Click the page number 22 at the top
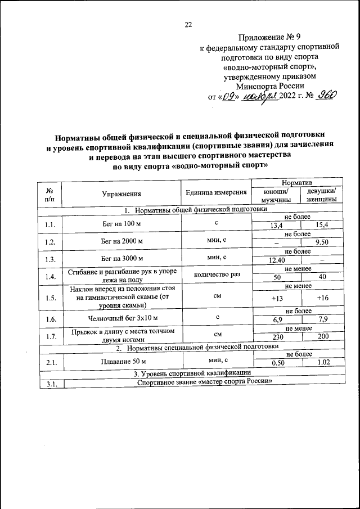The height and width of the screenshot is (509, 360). click(188, 24)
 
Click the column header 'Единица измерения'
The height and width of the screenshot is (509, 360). click(216, 192)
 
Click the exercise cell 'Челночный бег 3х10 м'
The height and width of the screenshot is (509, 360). click(121, 317)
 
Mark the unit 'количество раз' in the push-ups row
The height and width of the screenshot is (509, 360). click(216, 275)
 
